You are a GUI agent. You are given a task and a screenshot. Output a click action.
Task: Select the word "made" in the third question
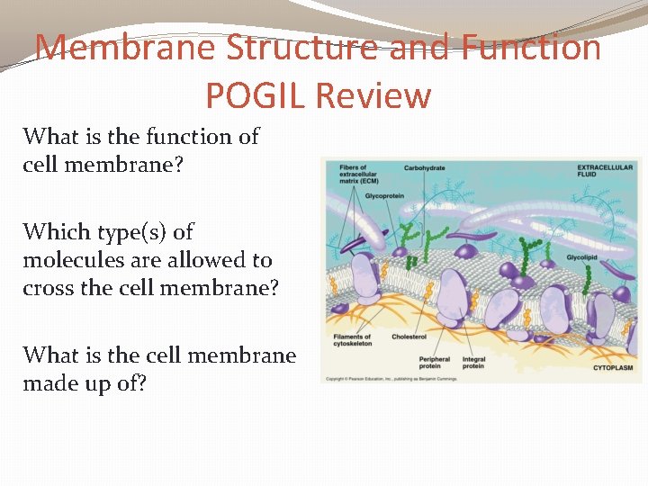51,383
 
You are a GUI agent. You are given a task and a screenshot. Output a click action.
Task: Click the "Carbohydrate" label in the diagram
424,168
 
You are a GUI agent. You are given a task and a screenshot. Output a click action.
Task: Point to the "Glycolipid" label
582,257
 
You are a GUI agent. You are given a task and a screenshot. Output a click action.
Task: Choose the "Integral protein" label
473,363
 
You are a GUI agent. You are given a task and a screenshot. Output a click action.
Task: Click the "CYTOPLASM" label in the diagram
612,367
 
